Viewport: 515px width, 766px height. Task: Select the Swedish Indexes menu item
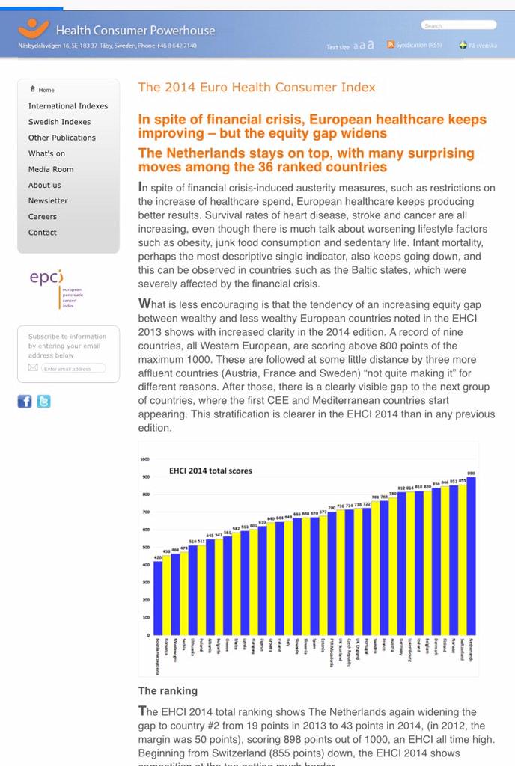[x=59, y=122]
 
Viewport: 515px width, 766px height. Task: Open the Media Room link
[x=51, y=169]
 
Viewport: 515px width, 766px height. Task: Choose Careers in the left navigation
[x=43, y=217]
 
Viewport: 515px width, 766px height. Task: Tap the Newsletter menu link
[x=48, y=201]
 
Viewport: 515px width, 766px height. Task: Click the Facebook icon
[x=25, y=402]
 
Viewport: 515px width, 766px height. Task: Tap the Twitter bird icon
[x=43, y=402]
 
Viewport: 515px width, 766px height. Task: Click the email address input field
[x=73, y=369]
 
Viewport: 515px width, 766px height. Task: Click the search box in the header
[x=458, y=25]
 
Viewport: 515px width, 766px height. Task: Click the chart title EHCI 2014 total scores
[x=210, y=471]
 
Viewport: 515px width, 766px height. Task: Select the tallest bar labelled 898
[x=471, y=554]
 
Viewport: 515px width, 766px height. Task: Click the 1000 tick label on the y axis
[x=144, y=459]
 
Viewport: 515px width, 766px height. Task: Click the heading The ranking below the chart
[x=168, y=690]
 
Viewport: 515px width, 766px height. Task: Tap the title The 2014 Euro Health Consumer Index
[x=257, y=88]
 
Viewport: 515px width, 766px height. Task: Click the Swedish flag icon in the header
[x=463, y=45]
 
